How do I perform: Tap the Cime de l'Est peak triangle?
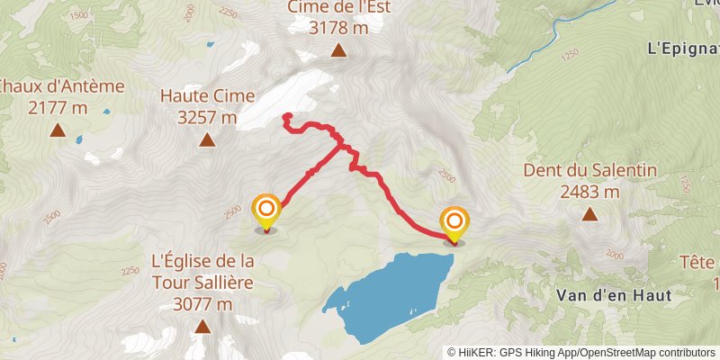pyautogui.click(x=338, y=50)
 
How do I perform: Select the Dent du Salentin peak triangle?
pyautogui.click(x=589, y=214)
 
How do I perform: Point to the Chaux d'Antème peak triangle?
pyautogui.click(x=57, y=130)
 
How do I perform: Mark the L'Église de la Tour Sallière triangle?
pyautogui.click(x=202, y=327)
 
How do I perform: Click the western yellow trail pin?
pyautogui.click(x=266, y=212)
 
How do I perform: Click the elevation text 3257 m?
pyautogui.click(x=207, y=117)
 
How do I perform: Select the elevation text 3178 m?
pyautogui.click(x=338, y=28)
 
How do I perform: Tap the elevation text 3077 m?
pyautogui.click(x=202, y=304)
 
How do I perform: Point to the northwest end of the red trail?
pyautogui.click(x=286, y=116)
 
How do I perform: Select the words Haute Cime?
pyautogui.click(x=207, y=95)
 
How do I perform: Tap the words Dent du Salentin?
pyautogui.click(x=589, y=170)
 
